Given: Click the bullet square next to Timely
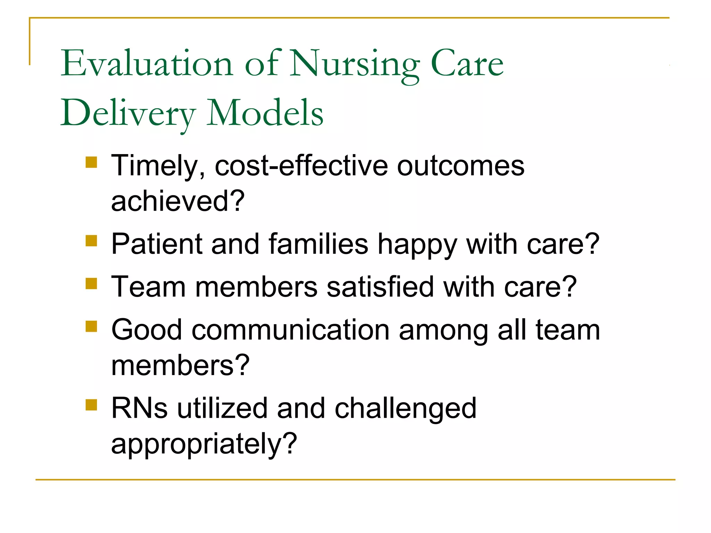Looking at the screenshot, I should (91, 162).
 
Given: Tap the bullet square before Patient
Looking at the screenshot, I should (91, 240).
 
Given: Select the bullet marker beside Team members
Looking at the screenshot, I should (91, 283).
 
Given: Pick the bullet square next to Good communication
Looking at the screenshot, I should (91, 326).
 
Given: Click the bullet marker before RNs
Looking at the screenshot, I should (91, 405).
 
